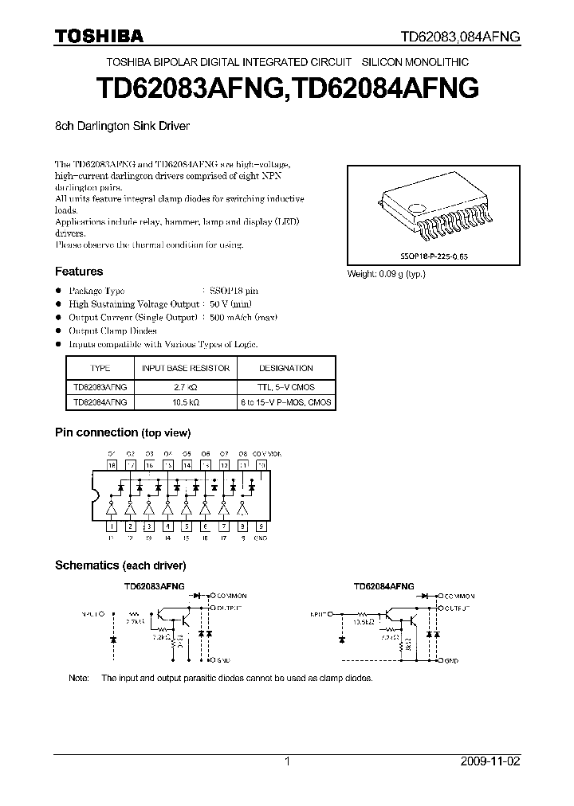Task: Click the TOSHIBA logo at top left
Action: (99, 36)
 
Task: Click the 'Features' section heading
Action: (78, 272)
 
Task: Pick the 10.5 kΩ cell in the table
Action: (186, 402)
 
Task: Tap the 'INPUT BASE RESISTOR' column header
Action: (186, 368)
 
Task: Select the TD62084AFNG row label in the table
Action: (100, 402)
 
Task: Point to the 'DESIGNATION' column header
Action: (286, 368)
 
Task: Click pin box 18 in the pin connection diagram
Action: (112, 464)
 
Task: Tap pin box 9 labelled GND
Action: (261, 526)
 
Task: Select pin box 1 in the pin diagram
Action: (112, 526)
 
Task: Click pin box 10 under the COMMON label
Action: (261, 464)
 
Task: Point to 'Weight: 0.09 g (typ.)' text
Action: (386, 273)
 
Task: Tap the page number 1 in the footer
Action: (287, 761)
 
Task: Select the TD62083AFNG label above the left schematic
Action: (154, 585)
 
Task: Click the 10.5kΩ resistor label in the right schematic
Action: (360, 624)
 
